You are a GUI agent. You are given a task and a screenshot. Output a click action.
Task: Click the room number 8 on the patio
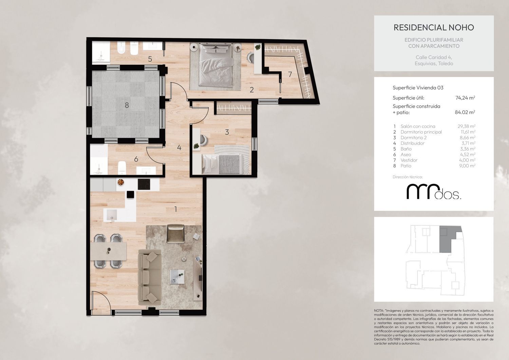click(x=127, y=105)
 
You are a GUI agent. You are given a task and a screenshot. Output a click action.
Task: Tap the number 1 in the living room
click(x=175, y=209)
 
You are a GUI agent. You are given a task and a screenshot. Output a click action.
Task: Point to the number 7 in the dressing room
click(x=290, y=74)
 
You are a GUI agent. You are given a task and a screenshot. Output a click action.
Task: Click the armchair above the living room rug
click(x=175, y=234)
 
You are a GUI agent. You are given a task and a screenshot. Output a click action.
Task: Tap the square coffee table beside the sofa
click(x=177, y=277)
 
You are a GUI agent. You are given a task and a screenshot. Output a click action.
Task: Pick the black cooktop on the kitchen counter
click(x=144, y=184)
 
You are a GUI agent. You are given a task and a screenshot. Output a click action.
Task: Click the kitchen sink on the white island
click(x=112, y=215)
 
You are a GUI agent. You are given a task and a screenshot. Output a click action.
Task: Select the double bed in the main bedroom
click(x=215, y=65)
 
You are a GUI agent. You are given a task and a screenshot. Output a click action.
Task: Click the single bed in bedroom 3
click(x=222, y=164)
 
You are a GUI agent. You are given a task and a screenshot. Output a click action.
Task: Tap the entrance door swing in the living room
click(x=101, y=301)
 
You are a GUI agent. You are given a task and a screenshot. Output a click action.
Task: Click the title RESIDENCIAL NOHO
click(x=434, y=27)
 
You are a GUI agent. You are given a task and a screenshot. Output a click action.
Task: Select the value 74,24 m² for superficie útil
click(x=465, y=98)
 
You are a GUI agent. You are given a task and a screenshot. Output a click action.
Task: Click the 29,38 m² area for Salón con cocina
click(x=467, y=126)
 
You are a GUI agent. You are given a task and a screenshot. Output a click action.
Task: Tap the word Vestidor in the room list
click(x=409, y=160)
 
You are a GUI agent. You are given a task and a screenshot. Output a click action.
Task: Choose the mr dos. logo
click(x=434, y=192)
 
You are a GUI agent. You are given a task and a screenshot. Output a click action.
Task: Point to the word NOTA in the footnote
click(x=379, y=310)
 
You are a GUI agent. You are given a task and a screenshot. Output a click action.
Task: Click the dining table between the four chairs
click(x=108, y=251)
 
